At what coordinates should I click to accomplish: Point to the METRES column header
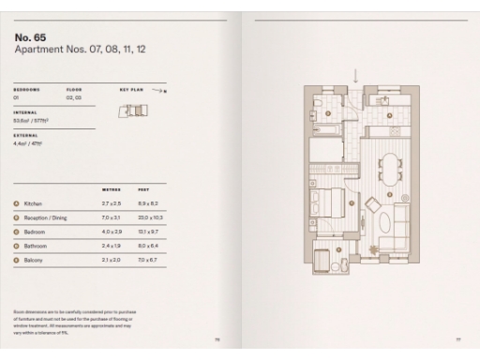[x=111, y=188]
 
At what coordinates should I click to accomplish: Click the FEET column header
[x=143, y=188]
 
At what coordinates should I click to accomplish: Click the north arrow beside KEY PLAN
[x=160, y=91]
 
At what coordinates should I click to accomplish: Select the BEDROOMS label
[x=27, y=90]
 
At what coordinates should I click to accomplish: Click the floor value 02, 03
[x=73, y=97]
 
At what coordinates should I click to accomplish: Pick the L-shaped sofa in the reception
[x=402, y=225]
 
